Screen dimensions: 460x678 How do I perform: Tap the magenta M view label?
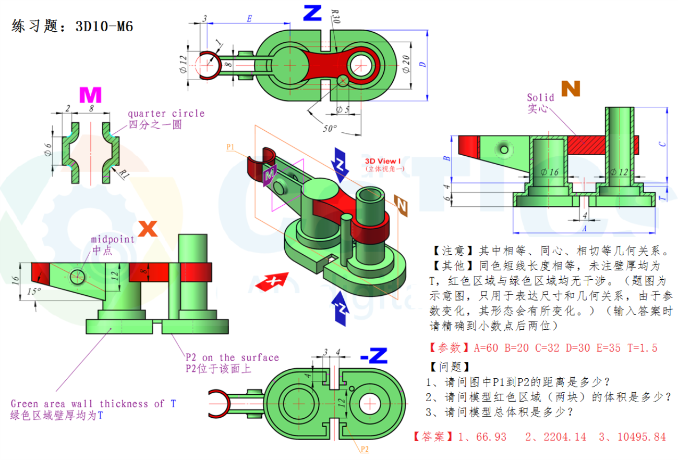pos(90,95)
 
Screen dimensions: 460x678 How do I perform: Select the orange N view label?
pos(570,89)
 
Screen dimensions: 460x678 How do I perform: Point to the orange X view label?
pos(149,227)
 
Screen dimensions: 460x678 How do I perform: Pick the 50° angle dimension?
pos(329,128)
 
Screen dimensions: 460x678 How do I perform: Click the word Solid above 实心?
pos(541,97)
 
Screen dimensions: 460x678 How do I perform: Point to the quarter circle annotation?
pos(166,113)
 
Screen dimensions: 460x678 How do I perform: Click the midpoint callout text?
pos(113,239)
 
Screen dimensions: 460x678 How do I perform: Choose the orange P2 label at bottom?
pos(364,449)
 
